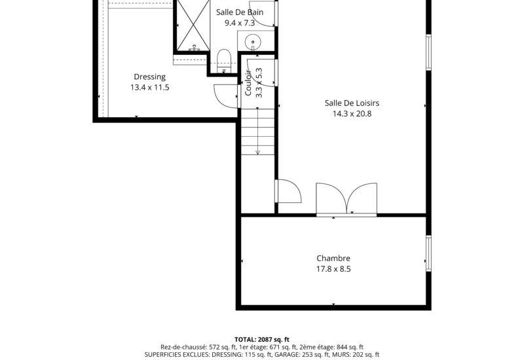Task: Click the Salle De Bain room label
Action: [239, 12]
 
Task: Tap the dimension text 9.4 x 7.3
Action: [239, 23]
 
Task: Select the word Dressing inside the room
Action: [149, 77]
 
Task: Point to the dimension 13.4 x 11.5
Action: [149, 87]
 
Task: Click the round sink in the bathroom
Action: [252, 42]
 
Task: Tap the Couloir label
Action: [249, 83]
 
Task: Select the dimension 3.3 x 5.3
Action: [259, 83]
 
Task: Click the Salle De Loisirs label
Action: [352, 103]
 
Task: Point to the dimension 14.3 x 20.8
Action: [352, 114]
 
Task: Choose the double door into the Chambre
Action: [346, 199]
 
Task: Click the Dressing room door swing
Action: [226, 96]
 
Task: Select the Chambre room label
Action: [333, 258]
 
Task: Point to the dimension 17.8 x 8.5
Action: [333, 268]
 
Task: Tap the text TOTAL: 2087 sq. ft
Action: [261, 339]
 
